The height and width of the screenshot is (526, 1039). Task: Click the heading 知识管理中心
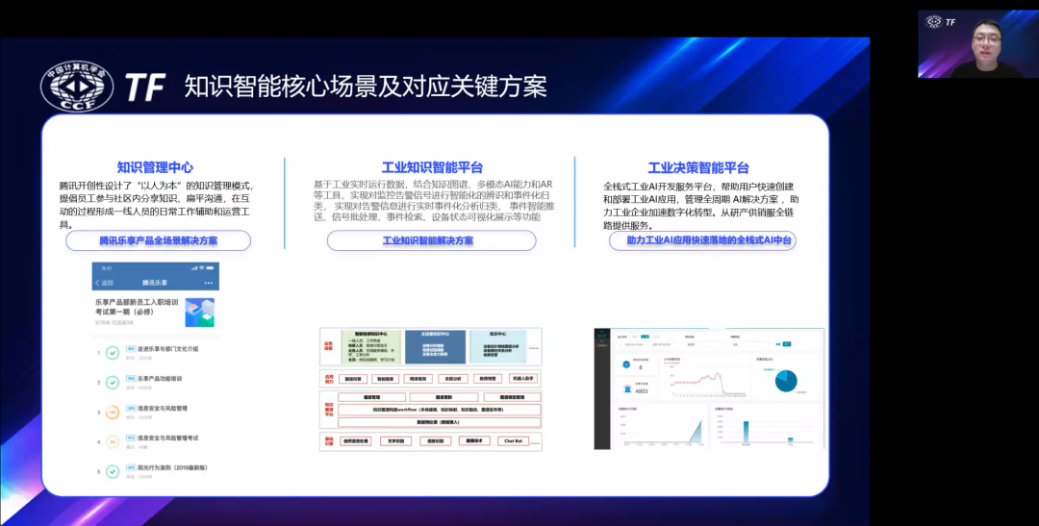tap(155, 167)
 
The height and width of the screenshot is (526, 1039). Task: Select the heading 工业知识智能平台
tap(432, 167)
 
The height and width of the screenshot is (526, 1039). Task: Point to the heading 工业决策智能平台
tap(698, 167)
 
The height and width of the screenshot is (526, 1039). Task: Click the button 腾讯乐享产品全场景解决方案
tap(159, 240)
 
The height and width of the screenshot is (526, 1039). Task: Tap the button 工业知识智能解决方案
tap(428, 240)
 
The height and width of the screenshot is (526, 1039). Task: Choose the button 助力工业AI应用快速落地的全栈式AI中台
tap(702, 240)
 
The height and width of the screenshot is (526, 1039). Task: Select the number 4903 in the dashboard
tap(640, 391)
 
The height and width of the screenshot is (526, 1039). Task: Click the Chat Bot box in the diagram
tap(512, 441)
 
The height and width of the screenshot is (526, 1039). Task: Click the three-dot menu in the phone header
tap(208, 283)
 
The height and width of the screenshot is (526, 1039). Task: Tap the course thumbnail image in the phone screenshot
tap(199, 312)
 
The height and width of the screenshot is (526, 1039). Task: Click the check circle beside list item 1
tap(113, 353)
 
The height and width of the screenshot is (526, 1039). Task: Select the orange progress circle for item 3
tap(113, 413)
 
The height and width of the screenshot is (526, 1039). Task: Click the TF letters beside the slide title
tap(145, 88)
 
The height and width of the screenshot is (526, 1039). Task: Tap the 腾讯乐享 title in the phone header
tap(155, 283)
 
